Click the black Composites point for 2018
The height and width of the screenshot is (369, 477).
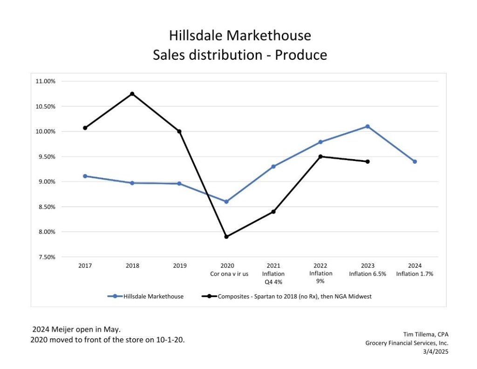tap(132, 94)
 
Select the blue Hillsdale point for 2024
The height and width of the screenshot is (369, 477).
tap(415, 161)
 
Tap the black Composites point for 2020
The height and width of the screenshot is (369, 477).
tap(226, 237)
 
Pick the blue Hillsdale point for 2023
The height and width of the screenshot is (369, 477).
tap(368, 126)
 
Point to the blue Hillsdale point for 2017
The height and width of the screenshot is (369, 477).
tap(85, 176)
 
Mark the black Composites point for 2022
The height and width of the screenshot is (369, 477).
tap(320, 156)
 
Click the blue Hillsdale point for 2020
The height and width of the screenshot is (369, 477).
tap(226, 202)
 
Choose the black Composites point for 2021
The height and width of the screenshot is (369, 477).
tap(273, 212)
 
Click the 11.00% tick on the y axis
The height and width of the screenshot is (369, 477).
tap(45, 81)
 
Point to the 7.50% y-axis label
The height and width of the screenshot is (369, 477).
tap(45, 257)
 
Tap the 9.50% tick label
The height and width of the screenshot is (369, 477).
tap(45, 157)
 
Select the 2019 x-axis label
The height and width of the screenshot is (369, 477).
tap(179, 266)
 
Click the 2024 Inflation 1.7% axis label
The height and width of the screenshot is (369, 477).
tap(415, 270)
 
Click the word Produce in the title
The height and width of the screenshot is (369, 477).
tap(301, 55)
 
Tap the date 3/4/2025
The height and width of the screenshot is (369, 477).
tap(436, 351)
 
